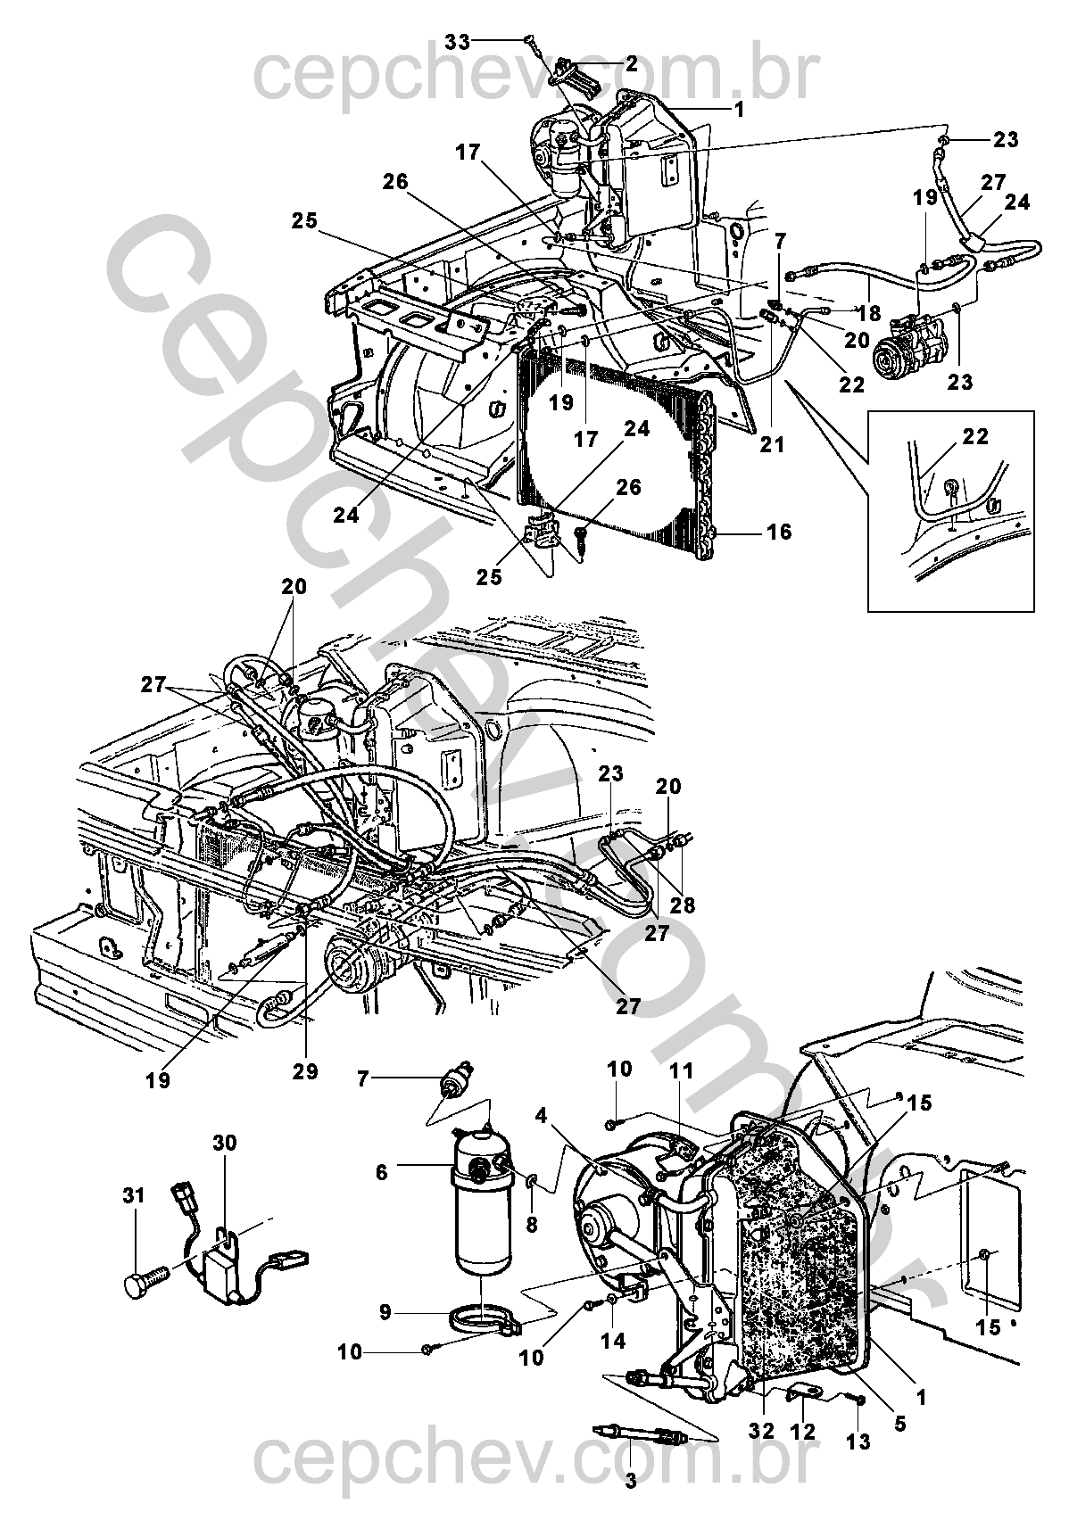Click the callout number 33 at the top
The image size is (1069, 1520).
tap(458, 42)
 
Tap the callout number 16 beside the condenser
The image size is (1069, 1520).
tap(780, 532)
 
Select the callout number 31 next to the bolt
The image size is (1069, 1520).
tap(135, 1195)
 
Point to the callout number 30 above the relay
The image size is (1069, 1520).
tap(225, 1144)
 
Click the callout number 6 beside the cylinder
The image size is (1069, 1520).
tap(381, 1172)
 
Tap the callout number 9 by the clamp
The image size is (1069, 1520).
tap(385, 1313)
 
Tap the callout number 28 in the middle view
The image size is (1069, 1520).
tap(683, 905)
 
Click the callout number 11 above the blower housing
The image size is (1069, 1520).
tap(682, 1070)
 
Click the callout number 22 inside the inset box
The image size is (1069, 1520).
tap(975, 435)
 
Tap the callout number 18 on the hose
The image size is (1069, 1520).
tap(869, 313)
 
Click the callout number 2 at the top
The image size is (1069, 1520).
tap(631, 64)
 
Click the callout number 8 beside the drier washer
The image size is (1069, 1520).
tap(532, 1224)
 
